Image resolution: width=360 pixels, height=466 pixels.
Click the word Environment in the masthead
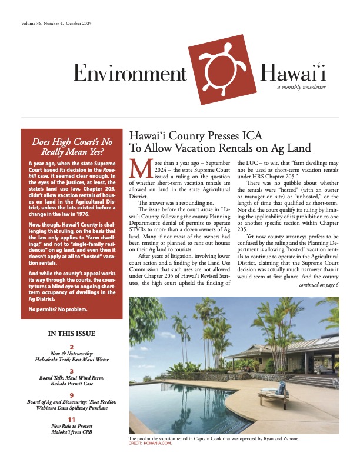point(129,72)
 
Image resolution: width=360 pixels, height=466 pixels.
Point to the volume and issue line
point(58,23)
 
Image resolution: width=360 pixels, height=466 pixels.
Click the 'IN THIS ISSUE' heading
point(71,334)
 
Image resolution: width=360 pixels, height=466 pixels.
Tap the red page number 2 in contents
point(71,347)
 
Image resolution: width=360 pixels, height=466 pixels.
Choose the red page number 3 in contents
point(71,371)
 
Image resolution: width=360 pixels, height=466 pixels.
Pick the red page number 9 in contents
point(71,395)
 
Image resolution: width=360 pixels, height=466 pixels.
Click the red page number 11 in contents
point(71,420)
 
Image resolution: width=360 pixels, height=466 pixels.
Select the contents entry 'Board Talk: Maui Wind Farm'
point(71,379)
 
